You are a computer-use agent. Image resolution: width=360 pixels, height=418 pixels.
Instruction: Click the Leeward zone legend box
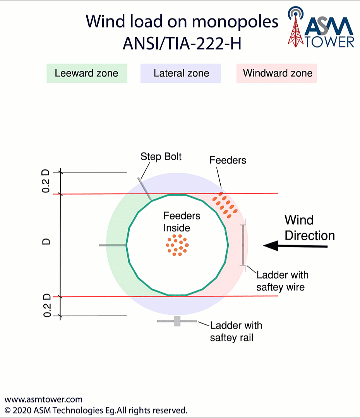pyautogui.click(x=87, y=73)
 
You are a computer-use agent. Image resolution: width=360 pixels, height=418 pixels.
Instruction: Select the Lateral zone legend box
pyautogui.click(x=181, y=73)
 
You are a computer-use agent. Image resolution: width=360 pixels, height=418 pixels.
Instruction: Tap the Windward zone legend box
pyautogui.click(x=277, y=73)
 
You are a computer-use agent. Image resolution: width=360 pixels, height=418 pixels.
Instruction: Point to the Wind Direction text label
pyautogui.click(x=309, y=228)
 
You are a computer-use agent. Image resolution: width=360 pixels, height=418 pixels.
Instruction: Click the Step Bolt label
pyautogui.click(x=161, y=156)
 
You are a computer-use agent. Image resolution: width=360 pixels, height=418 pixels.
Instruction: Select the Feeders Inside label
pyautogui.click(x=182, y=221)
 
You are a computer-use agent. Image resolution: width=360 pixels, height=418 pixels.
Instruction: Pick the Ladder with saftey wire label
pyautogui.click(x=283, y=281)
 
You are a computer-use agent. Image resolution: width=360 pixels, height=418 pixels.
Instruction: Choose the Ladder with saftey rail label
pyautogui.click(x=236, y=331)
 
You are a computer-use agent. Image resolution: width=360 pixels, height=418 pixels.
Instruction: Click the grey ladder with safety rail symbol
pyautogui.click(x=177, y=321)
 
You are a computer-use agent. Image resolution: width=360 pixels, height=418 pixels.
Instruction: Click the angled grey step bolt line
pyautogui.click(x=144, y=188)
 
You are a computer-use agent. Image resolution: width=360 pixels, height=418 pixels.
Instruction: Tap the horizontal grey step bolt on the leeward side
pyautogui.click(x=112, y=245)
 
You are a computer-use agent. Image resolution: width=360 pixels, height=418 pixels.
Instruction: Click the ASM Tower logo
pyautogui.click(x=321, y=28)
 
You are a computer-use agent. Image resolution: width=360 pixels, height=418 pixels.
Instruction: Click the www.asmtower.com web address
pyautogui.click(x=43, y=399)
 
